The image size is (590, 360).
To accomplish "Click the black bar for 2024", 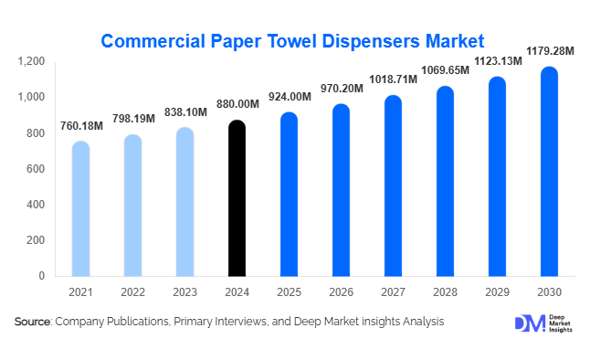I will coord(237,198).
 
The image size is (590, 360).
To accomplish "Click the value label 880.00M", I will coord(237,105).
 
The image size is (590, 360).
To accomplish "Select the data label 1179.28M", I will coord(549,50).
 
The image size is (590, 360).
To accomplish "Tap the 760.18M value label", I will coord(80,126).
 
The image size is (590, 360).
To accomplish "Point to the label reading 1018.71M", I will coord(393,79).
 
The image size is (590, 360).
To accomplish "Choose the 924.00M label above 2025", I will coord(289,97).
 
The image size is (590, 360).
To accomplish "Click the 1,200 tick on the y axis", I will coord(31,61).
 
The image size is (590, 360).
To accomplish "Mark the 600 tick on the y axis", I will coord(36,169).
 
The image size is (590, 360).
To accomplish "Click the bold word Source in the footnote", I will coord(33,322).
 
